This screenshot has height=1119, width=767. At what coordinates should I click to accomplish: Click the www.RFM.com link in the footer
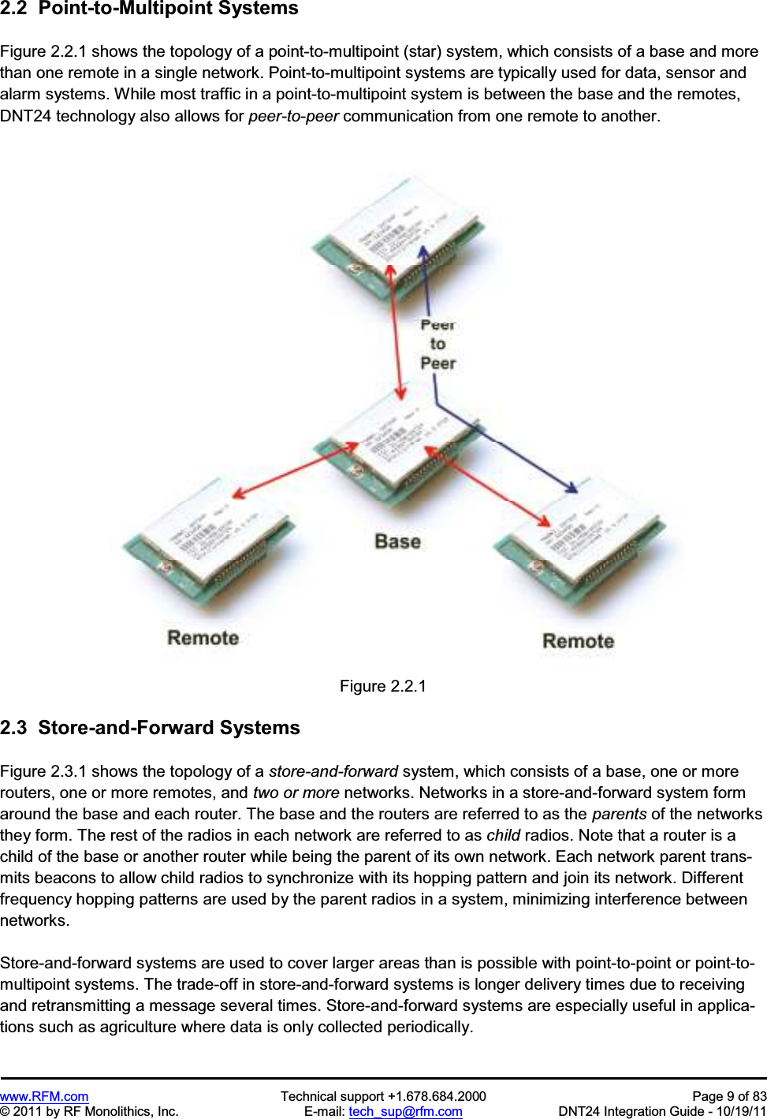[x=44, y=1096]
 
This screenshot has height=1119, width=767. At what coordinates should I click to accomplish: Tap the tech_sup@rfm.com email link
[x=405, y=1111]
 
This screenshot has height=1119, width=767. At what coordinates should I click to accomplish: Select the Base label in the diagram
[x=397, y=542]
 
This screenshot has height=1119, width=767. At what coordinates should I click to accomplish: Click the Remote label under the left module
[x=203, y=638]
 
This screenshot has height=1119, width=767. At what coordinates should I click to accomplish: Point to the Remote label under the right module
[x=578, y=641]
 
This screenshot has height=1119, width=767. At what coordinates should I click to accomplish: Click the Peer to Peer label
[x=438, y=345]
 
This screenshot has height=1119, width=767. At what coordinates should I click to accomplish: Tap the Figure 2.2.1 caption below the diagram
[x=383, y=686]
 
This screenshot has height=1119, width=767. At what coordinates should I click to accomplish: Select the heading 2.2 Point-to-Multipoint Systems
[x=150, y=9]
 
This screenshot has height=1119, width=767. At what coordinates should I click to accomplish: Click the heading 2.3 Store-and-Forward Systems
[x=150, y=728]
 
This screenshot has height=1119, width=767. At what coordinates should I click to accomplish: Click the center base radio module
[x=394, y=446]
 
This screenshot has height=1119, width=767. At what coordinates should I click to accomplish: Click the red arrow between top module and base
[x=396, y=331]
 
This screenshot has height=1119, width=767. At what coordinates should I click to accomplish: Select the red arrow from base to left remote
[x=295, y=471]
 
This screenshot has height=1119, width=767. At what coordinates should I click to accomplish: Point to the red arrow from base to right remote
[x=489, y=485]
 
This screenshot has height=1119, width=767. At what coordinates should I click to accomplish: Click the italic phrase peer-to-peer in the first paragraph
[x=293, y=116]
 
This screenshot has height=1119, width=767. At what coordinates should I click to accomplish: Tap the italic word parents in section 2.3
[x=619, y=814]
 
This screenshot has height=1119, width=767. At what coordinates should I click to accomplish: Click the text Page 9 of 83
[x=728, y=1096]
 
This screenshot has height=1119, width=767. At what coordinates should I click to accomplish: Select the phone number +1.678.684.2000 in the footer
[x=436, y=1096]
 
